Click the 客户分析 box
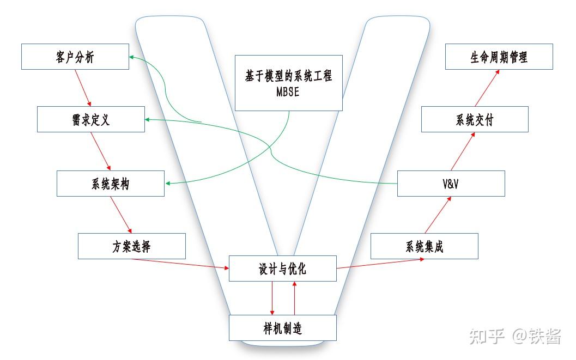tap(75, 57)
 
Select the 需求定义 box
tap(90, 119)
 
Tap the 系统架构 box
tap(110, 184)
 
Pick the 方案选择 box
tap(131, 246)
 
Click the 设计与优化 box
tap(282, 269)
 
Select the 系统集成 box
tap(424, 246)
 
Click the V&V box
tap(451, 184)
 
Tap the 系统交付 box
tap(474, 119)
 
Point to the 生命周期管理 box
tap(499, 57)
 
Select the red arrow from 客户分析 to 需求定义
tap(83, 88)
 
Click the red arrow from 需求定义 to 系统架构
tap(101, 151)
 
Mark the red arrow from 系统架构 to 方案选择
tap(121, 215)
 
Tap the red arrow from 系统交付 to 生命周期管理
tap(487, 88)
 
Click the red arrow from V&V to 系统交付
tap(462, 151)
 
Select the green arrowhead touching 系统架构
tap(168, 184)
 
